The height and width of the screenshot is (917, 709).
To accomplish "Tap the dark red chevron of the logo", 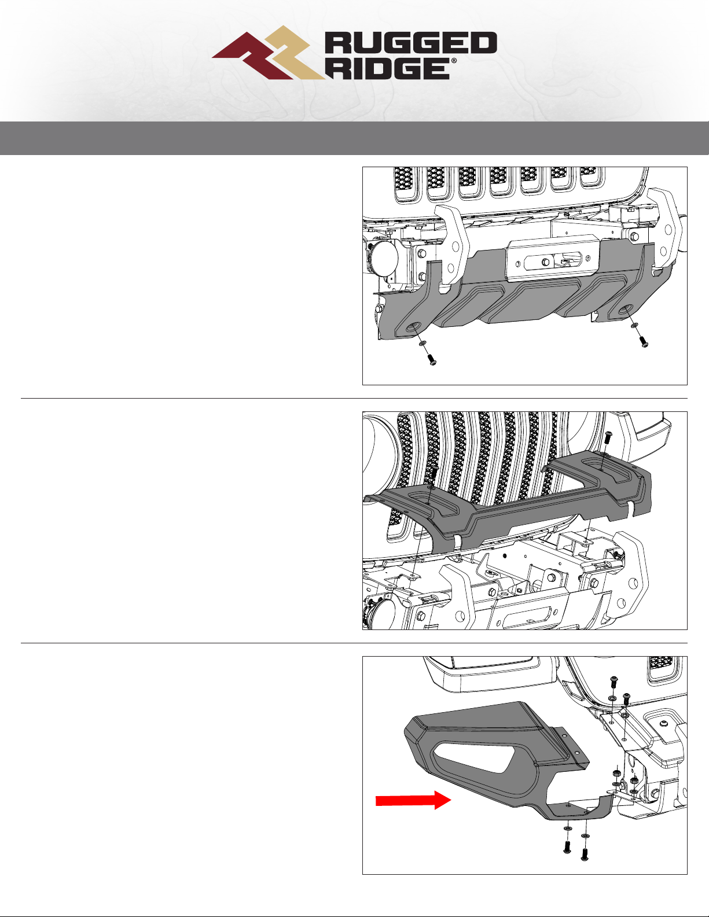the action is [252, 57].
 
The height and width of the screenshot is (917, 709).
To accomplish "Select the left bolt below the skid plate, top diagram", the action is [432, 359].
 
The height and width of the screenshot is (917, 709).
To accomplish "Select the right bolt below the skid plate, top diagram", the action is [644, 341].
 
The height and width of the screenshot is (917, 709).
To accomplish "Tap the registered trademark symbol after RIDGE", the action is [454, 61].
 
